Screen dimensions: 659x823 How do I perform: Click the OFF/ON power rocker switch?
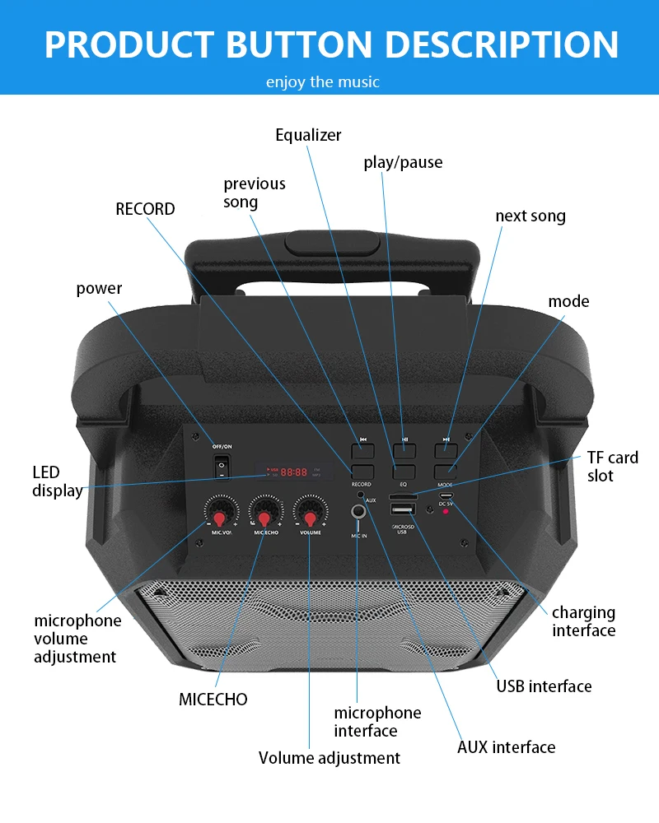point(221,467)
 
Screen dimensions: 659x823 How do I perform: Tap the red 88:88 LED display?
point(294,472)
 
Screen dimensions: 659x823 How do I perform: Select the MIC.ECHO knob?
point(264,516)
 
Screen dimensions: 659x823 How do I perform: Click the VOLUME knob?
point(310,516)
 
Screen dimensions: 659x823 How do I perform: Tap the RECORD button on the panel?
point(362,472)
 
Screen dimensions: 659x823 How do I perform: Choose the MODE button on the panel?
point(446,472)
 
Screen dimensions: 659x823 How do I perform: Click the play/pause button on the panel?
point(404,450)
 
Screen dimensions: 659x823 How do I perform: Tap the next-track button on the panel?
point(446,450)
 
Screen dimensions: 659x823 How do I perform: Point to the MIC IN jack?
point(358,513)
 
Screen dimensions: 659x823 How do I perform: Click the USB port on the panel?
point(403,510)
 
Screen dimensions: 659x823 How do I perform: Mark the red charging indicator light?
point(446,512)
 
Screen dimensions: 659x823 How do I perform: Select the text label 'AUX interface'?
point(506,747)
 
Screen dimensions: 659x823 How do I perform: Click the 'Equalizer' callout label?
point(308,135)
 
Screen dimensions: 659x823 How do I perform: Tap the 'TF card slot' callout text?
point(612,467)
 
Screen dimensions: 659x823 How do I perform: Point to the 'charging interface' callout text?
point(583,621)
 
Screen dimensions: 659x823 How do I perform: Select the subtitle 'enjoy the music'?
point(323,81)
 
